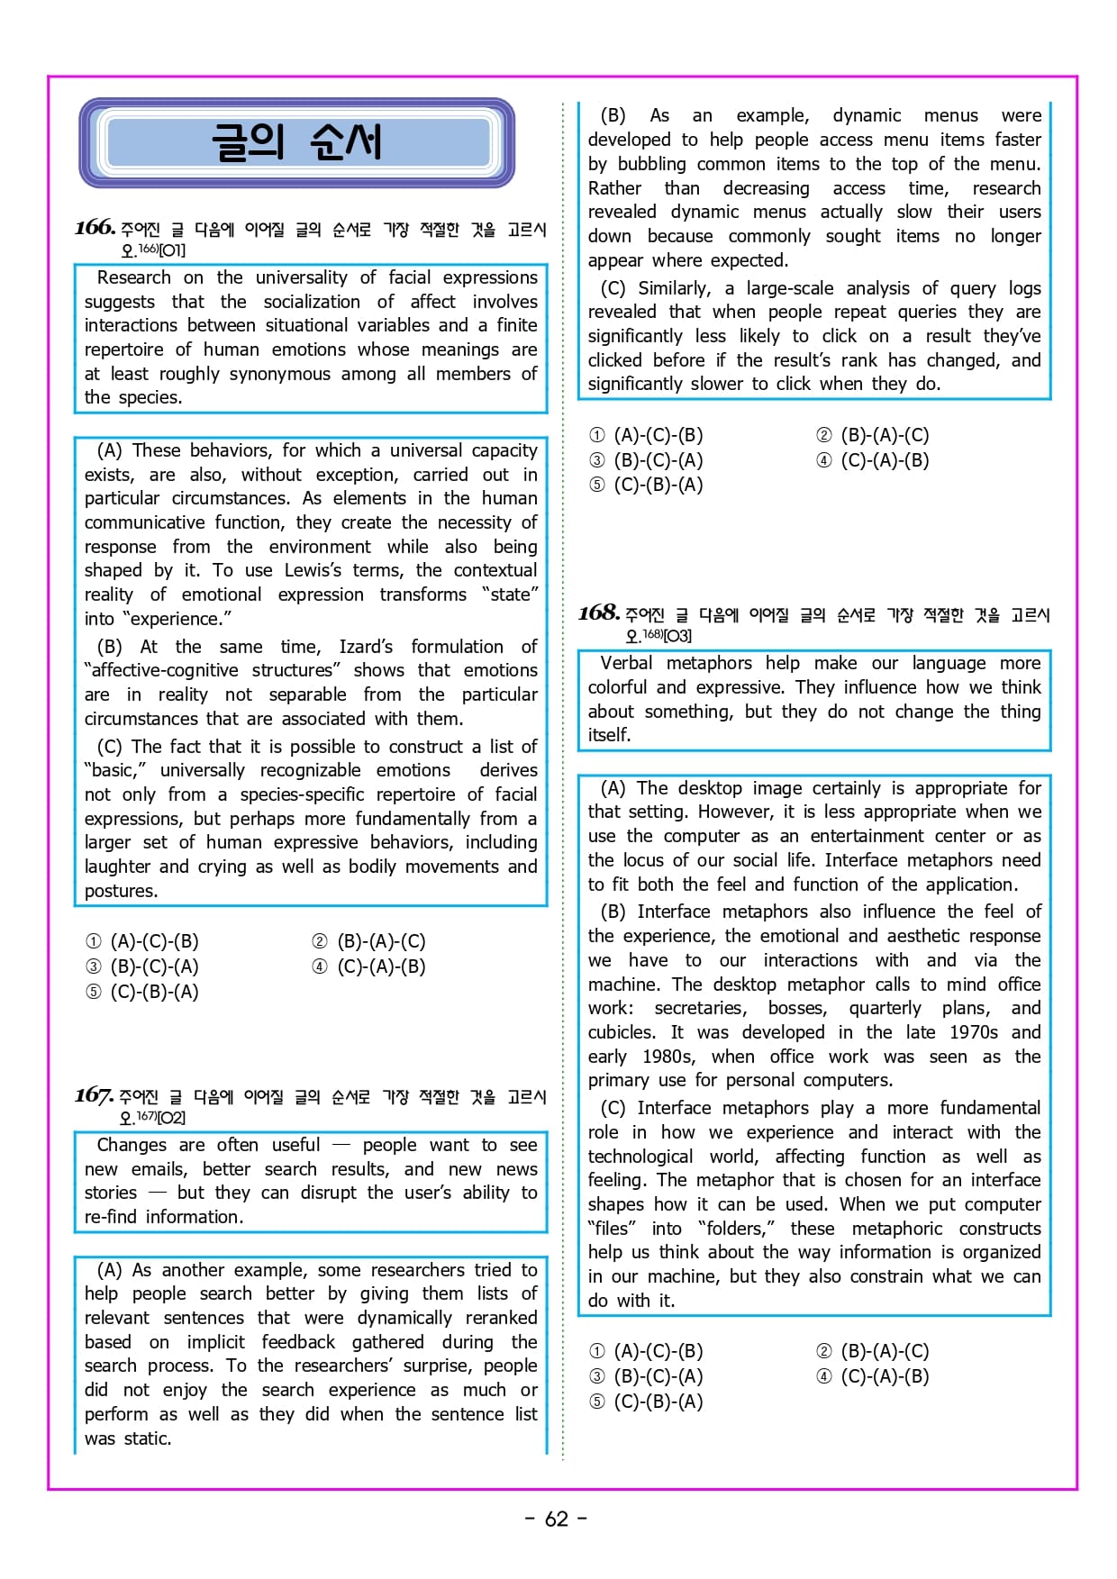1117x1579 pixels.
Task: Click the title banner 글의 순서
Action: click(x=296, y=142)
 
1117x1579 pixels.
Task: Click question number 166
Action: click(x=95, y=227)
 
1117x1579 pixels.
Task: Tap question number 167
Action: click(x=94, y=1094)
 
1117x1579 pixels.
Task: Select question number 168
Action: click(x=599, y=613)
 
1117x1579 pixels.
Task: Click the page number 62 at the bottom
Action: click(x=557, y=1519)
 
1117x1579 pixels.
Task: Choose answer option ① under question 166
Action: click(x=142, y=941)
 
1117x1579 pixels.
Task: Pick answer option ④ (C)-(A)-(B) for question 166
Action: click(x=368, y=966)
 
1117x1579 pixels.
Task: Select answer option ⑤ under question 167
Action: click(x=646, y=485)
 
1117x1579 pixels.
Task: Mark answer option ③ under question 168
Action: click(x=646, y=1376)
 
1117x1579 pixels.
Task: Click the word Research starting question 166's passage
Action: click(x=133, y=277)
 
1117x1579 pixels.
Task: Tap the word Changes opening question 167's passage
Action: click(x=132, y=1145)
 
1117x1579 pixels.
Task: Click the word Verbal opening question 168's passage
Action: click(x=626, y=663)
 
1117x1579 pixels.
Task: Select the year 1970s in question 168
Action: click(x=973, y=1032)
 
